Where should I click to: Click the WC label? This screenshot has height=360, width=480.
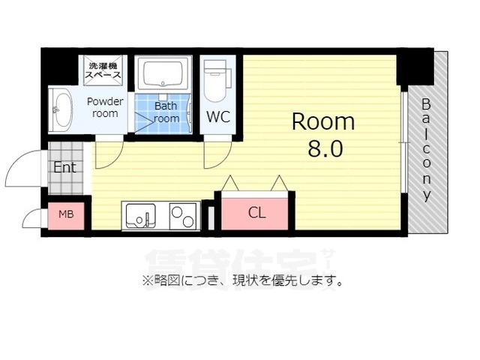[x=218, y=117]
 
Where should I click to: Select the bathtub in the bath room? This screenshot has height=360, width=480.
[x=165, y=75]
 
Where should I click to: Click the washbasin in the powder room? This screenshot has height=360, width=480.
[x=60, y=109]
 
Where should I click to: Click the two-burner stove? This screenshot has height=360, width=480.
[x=184, y=216]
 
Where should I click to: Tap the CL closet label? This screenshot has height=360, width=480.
[x=256, y=213]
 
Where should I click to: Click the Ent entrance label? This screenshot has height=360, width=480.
[x=64, y=167]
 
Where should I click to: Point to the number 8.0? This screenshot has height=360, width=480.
[x=325, y=148]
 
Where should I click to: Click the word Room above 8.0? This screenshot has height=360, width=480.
[x=323, y=121]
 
